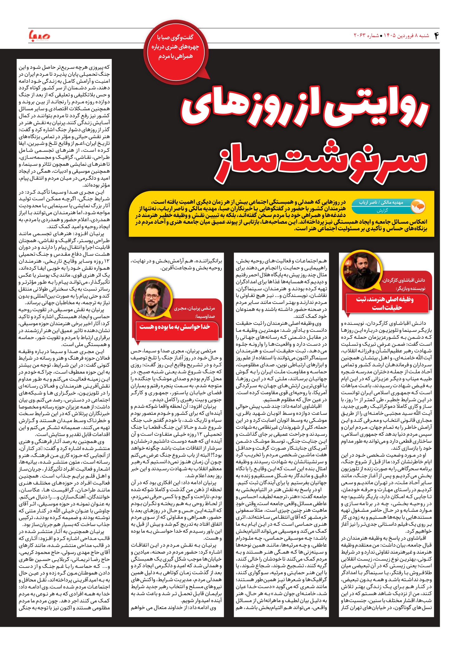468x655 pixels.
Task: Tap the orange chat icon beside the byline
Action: (x=418, y=206)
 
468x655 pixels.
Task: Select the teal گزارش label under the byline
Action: (x=382, y=210)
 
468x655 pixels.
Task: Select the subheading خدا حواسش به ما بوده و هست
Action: (x=175, y=327)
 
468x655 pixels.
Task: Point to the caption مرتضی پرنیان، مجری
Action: (x=194, y=308)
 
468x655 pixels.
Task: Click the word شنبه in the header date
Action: (x=424, y=36)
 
